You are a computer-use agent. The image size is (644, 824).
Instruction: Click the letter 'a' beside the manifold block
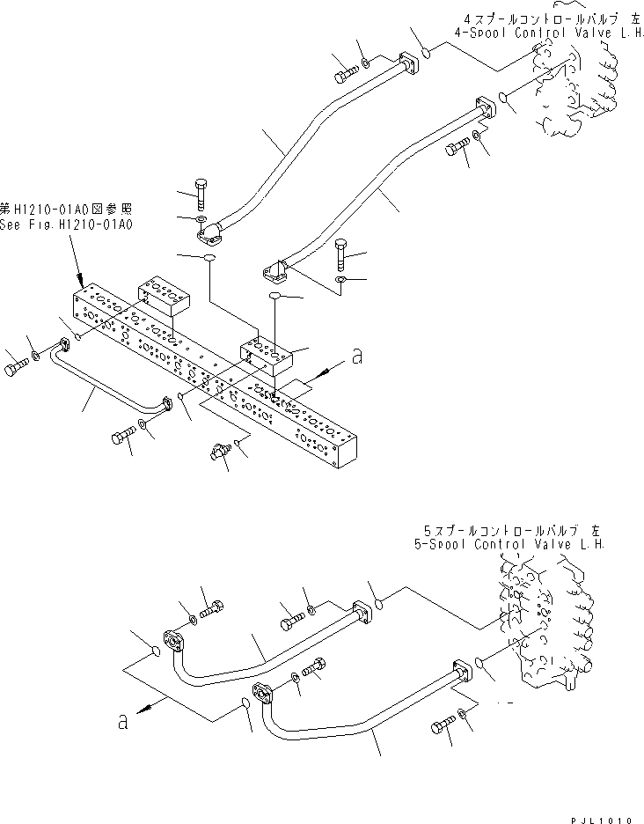355,357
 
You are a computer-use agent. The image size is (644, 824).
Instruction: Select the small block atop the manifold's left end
163,294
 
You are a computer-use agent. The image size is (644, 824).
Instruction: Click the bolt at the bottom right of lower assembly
443,726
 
